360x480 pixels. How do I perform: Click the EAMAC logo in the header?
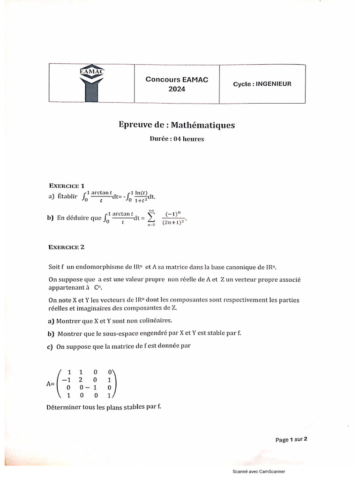91,83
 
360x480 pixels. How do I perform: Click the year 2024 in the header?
177,89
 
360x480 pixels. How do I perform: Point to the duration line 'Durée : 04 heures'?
177,139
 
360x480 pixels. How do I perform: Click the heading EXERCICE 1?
67,186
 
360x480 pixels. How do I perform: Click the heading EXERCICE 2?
67,246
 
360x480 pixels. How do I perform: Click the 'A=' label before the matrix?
51,383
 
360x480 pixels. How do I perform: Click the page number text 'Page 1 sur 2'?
291,440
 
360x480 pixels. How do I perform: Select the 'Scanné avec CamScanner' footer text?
259,472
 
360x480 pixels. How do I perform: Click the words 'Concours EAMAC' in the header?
177,80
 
